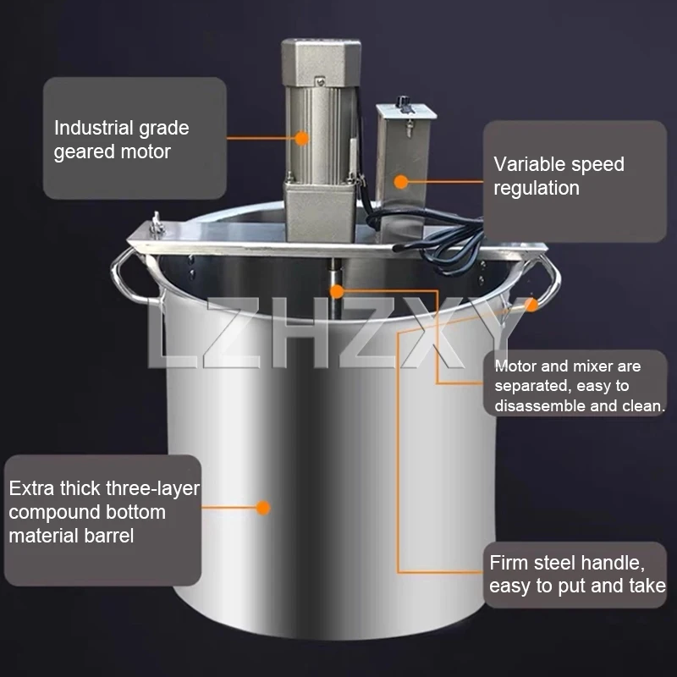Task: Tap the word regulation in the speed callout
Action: (537, 188)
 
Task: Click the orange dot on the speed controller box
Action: (401, 180)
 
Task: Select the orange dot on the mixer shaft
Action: (338, 291)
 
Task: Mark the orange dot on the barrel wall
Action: (263, 509)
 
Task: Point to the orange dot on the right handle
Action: (531, 305)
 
